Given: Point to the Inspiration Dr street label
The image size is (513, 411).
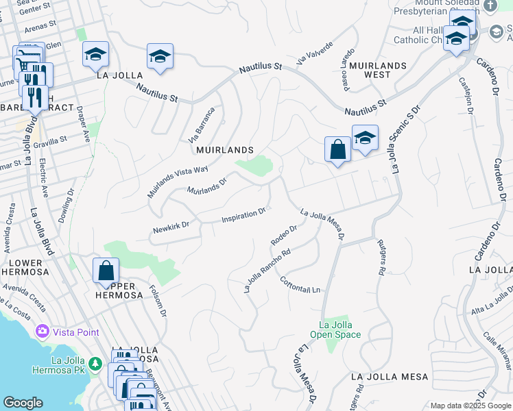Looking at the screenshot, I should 243,216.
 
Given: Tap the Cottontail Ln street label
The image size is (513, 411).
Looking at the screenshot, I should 300,285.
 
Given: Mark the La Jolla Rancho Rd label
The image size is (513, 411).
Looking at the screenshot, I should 267,270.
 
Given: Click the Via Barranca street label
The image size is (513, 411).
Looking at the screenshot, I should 202,124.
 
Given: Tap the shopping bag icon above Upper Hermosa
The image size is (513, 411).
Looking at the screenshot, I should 106,271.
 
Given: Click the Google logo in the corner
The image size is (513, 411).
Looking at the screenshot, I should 23,403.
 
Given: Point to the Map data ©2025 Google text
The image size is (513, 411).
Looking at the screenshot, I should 470,406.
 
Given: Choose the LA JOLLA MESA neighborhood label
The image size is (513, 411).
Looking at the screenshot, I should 389,377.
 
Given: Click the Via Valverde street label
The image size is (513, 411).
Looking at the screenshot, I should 314,53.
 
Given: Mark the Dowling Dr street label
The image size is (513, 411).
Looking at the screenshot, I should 71,203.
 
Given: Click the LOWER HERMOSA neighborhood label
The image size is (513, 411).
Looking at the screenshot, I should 25,267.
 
